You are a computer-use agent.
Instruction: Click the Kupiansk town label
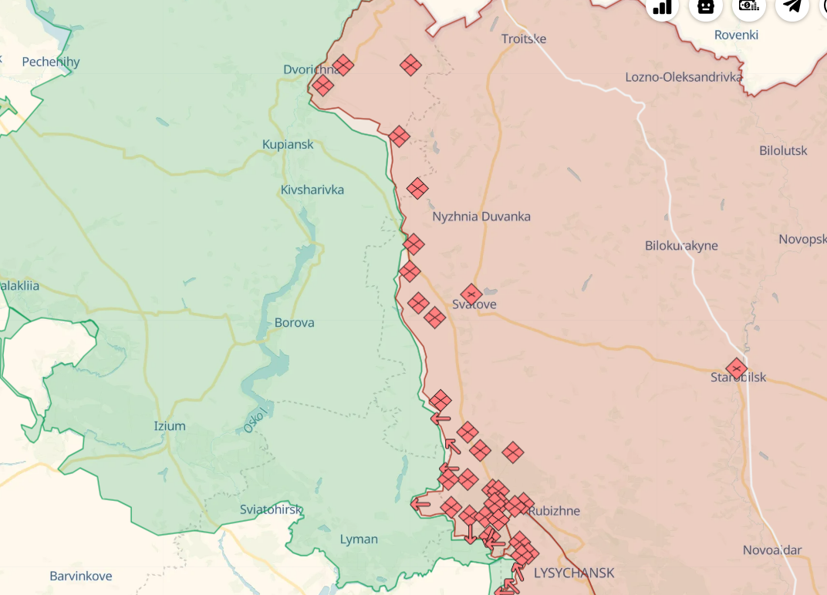click(288, 144)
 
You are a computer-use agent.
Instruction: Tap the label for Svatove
click(474, 304)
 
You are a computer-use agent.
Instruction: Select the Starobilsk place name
click(738, 378)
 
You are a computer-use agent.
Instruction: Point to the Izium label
click(170, 425)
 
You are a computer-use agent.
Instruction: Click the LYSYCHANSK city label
click(574, 573)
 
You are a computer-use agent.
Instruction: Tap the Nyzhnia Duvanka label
click(481, 217)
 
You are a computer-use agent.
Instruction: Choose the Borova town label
click(295, 322)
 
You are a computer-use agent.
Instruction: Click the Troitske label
click(524, 39)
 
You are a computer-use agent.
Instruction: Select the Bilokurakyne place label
click(681, 246)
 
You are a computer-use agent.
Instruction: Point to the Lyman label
click(359, 539)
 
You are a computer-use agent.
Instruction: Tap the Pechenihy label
click(51, 62)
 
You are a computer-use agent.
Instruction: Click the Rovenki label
click(736, 35)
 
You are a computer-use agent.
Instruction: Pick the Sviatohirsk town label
click(271, 509)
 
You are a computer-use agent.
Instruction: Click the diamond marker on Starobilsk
click(737, 368)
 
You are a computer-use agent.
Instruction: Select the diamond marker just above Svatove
click(471, 294)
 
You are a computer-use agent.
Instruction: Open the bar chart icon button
click(662, 6)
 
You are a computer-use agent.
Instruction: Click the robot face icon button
click(705, 6)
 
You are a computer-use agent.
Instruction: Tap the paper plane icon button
click(792, 6)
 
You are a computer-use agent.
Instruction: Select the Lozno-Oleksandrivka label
click(684, 77)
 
